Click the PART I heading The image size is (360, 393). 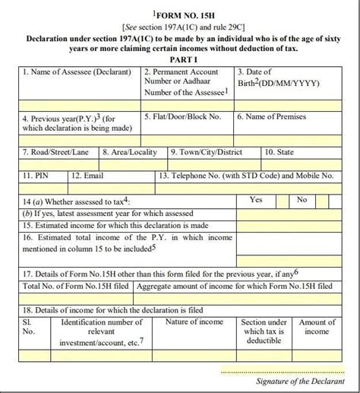[181, 58]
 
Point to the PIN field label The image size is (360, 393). [34, 176]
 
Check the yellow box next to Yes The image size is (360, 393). [281, 201]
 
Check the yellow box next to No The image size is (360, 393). [321, 201]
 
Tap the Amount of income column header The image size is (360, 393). [317, 328]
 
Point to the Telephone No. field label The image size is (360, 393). [247, 176]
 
